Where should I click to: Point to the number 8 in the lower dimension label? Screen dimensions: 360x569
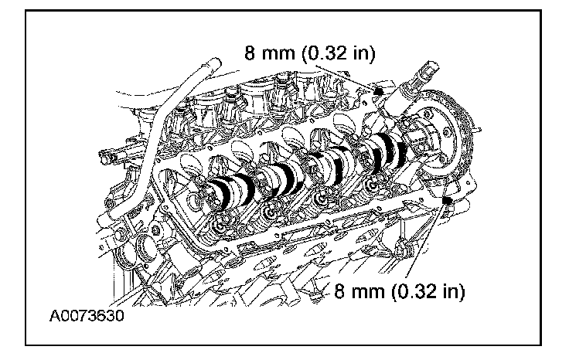pos(340,293)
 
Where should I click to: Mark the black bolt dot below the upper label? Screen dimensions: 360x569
pos(378,92)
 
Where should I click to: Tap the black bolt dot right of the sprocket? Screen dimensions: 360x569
pos(447,202)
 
